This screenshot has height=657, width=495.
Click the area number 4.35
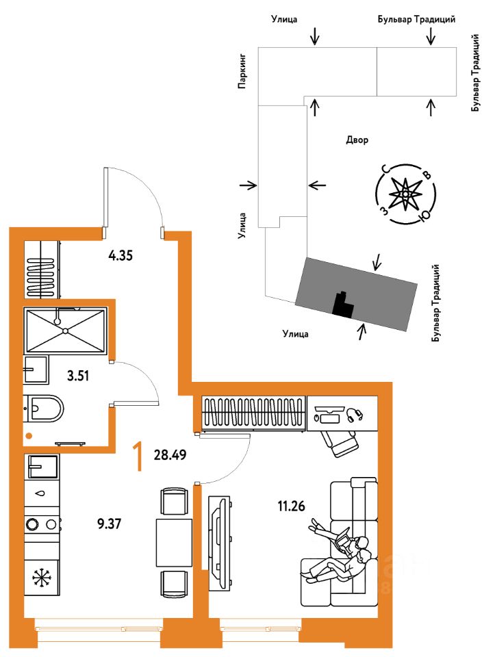[x=120, y=257]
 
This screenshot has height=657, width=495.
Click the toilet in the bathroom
[x=45, y=409]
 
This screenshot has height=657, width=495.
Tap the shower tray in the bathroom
[x=65, y=331]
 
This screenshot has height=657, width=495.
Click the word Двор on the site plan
[x=357, y=140]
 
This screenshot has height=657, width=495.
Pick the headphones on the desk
[x=353, y=414]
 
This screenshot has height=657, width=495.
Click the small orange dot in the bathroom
[x=29, y=435]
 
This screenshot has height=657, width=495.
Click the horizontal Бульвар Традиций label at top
[x=417, y=21]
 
